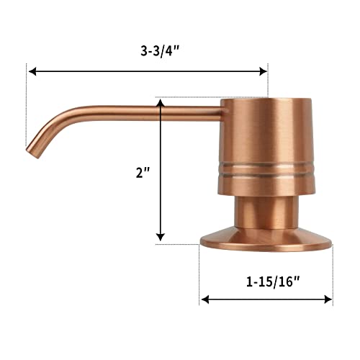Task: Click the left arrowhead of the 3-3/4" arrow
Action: pos(32,71)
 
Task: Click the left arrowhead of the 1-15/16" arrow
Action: pos(205,299)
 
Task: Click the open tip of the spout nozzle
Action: pos(32,152)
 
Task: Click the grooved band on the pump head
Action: pos(267,170)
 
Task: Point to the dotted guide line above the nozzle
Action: pos(27,108)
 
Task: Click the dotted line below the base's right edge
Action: pos(333,274)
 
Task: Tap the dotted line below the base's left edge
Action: pos(199,274)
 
